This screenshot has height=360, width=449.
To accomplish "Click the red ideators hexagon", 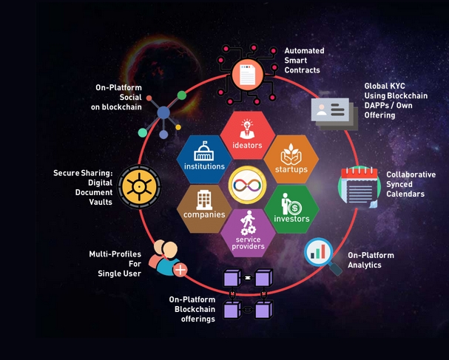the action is tap(249, 129).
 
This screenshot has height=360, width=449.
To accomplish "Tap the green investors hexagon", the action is tap(291, 206).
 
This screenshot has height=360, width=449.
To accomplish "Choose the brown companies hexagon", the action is tap(205, 206).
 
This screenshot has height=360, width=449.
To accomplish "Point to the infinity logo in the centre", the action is tap(249, 182).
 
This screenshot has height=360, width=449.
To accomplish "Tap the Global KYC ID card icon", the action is tap(330, 109).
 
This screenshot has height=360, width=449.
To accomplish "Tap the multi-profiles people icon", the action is tap(167, 258).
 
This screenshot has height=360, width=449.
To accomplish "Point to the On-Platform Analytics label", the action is tap(371, 260).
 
